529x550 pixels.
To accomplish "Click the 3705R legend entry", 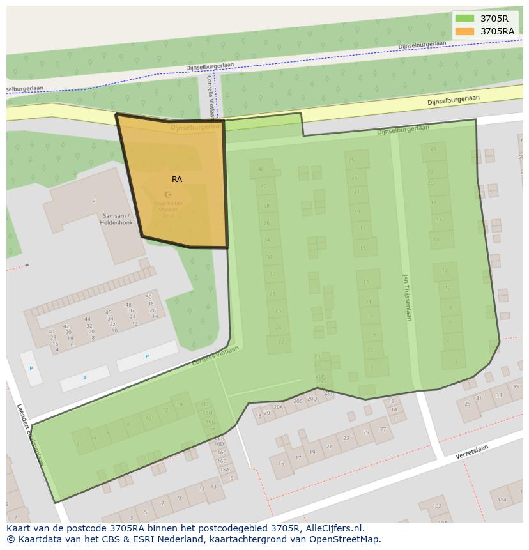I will click(x=494, y=19).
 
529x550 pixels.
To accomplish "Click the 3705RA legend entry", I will click(x=496, y=31).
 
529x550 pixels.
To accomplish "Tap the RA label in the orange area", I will click(x=177, y=180).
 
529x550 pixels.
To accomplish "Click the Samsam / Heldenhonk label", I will click(x=116, y=218).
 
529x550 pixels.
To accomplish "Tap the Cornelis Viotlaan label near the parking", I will click(x=215, y=356).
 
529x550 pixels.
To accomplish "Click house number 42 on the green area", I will click(x=261, y=169).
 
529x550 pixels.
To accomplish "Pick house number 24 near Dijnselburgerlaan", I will click(x=433, y=149).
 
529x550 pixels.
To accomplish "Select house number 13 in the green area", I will click(x=366, y=282).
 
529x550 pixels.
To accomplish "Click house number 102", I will click(x=436, y=506).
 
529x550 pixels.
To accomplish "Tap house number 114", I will click(x=502, y=500).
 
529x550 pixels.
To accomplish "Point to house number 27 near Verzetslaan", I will click(x=383, y=429).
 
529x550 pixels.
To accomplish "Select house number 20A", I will click(x=278, y=407).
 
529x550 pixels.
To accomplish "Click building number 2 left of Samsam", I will click(x=94, y=201).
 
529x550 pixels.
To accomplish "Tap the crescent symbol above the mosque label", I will click(x=168, y=194).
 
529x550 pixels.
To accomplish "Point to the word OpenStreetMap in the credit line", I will click(x=345, y=539).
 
